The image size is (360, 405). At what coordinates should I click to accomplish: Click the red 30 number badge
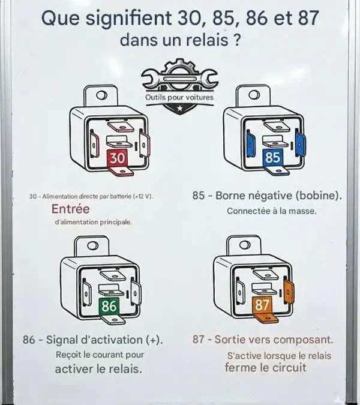(x=118, y=158)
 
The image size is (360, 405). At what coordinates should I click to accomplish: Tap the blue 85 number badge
(x=272, y=158)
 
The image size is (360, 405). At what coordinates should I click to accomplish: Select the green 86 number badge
(x=109, y=306)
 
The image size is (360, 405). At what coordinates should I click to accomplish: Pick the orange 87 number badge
(x=263, y=305)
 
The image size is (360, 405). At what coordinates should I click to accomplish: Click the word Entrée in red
(x=70, y=209)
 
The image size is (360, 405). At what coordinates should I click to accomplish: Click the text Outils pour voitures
(x=179, y=97)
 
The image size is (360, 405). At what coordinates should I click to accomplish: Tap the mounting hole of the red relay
(x=102, y=94)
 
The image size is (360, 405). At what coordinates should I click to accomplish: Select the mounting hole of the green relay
(x=92, y=245)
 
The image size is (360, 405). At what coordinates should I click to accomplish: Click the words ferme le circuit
(x=265, y=367)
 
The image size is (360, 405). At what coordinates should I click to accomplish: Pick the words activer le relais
(x=98, y=368)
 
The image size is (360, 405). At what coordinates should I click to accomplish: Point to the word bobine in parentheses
(x=319, y=196)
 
